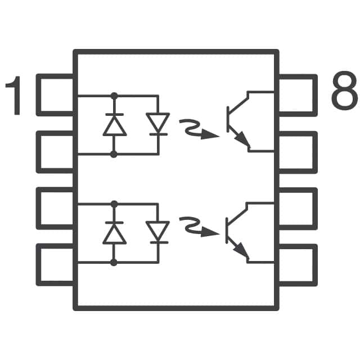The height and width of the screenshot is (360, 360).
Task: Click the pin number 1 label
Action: point(16,96)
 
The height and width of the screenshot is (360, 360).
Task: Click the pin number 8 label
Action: point(344,93)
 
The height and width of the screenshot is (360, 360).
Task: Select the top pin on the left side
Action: point(56,94)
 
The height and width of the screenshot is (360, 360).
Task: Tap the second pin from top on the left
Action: point(56,152)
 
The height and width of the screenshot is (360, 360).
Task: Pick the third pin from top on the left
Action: point(56,208)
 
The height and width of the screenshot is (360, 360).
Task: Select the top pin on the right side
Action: point(296,94)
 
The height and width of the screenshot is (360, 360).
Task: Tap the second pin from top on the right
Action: point(296,152)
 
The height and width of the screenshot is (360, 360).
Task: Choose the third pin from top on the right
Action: point(296,208)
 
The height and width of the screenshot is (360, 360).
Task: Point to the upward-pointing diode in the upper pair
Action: point(114,125)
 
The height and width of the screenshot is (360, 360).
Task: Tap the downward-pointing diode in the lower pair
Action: point(157,232)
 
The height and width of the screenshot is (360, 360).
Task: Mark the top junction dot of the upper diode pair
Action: point(114,96)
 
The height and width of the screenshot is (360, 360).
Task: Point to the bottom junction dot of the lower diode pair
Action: point(114,263)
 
